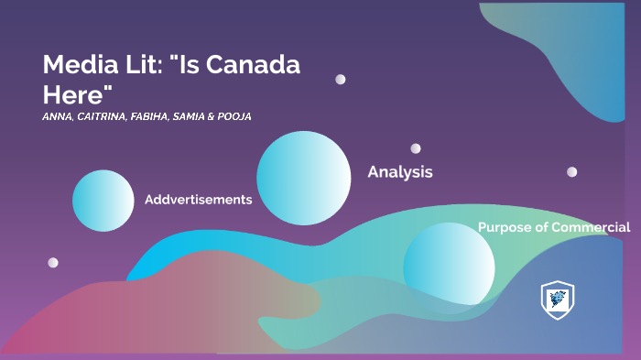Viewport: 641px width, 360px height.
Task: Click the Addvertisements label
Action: point(198,200)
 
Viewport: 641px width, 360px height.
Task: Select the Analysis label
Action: point(400,171)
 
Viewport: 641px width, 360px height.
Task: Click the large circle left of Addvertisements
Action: point(103,201)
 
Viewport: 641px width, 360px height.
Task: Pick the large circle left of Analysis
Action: point(304,178)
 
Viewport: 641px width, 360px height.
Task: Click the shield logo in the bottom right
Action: point(558,300)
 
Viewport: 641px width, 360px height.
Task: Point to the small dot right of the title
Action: point(341,80)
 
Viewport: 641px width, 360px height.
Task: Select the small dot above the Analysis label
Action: point(416,148)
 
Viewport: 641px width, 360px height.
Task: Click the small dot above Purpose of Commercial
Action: point(571,171)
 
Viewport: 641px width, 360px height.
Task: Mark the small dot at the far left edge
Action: point(53,263)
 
